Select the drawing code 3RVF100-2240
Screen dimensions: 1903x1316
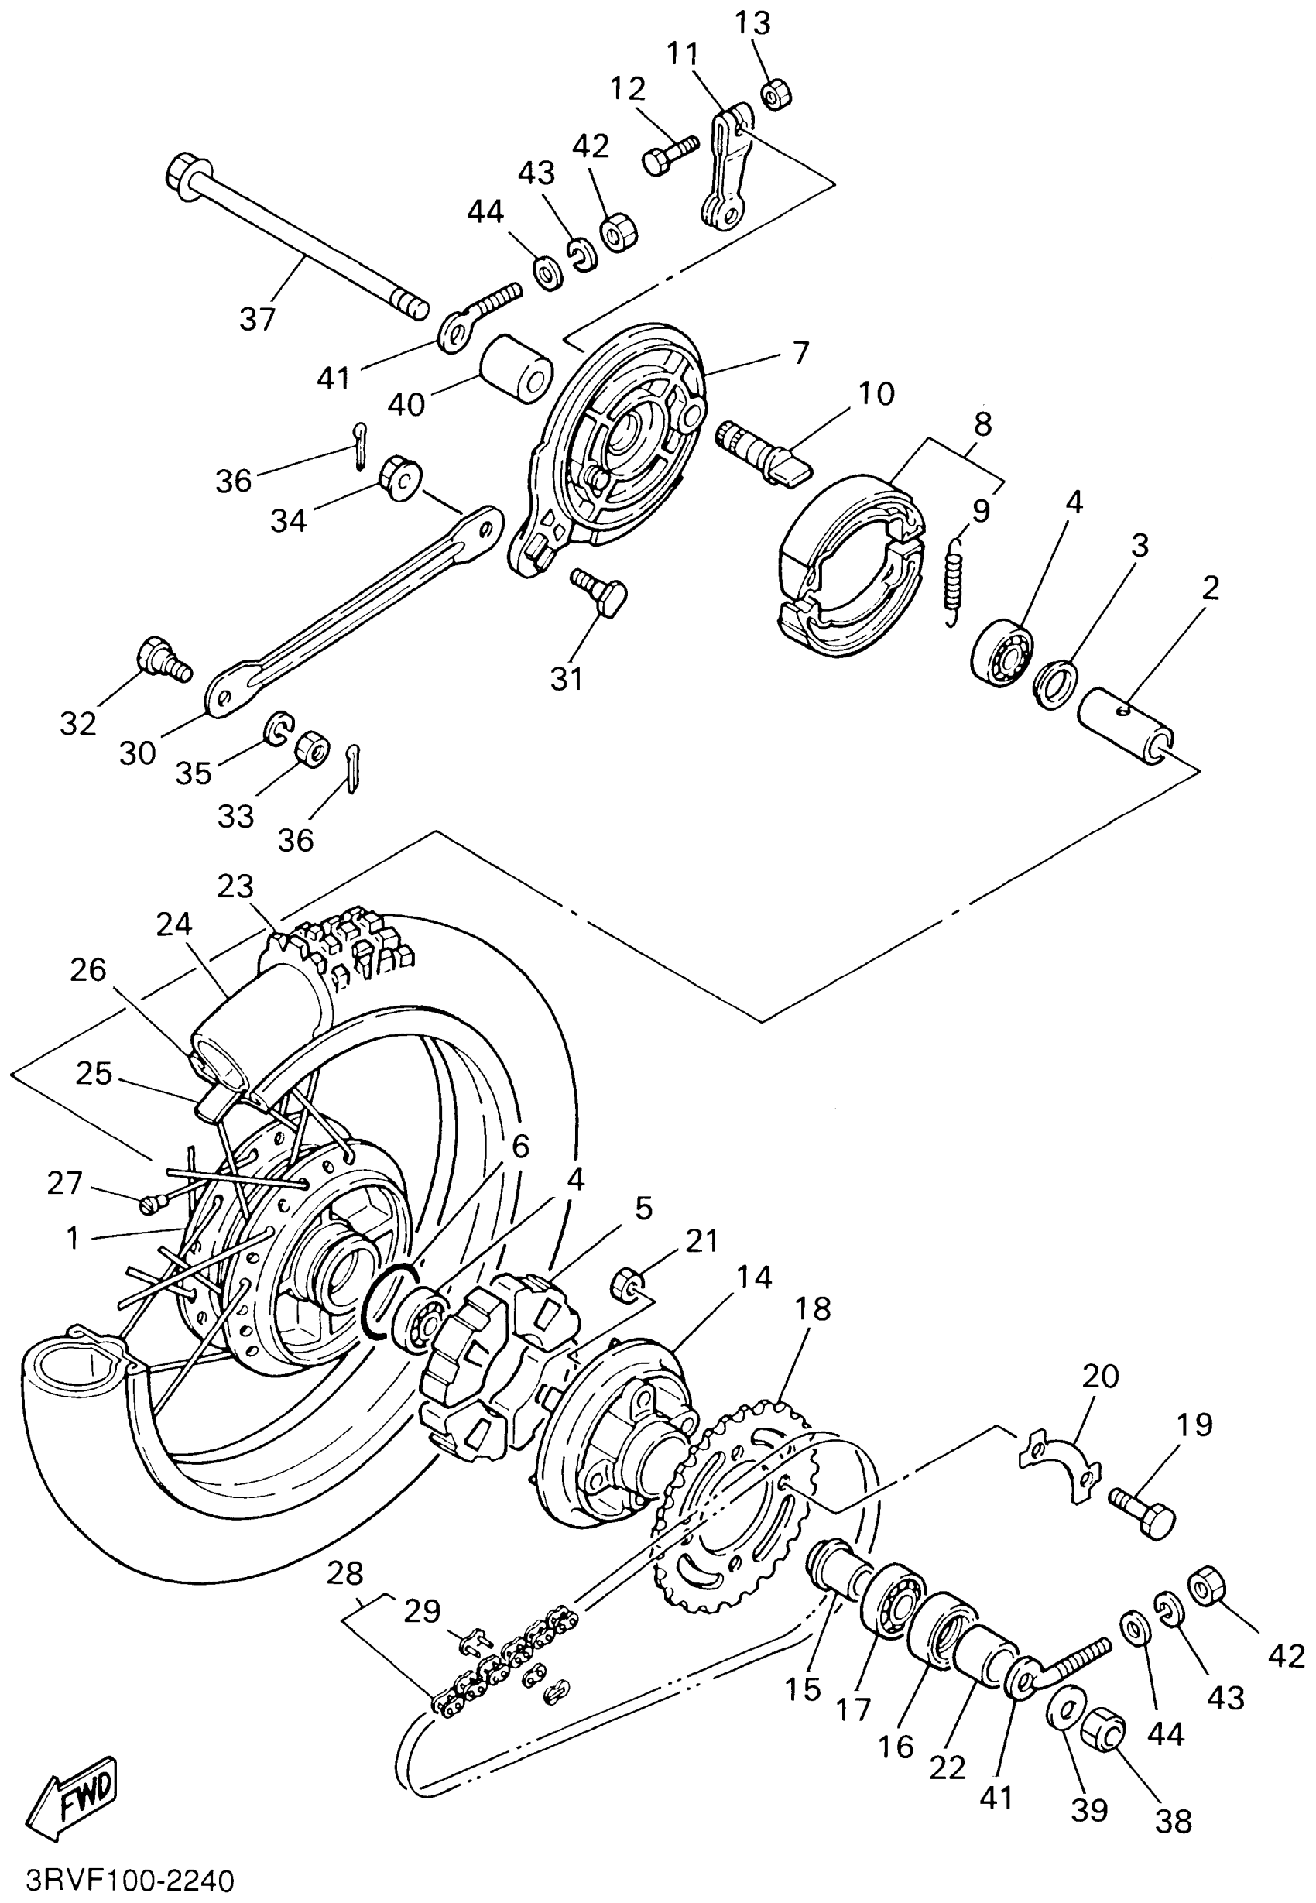click(131, 1881)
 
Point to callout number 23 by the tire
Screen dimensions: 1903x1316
click(235, 886)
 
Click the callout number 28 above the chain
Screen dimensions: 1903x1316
click(344, 1573)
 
